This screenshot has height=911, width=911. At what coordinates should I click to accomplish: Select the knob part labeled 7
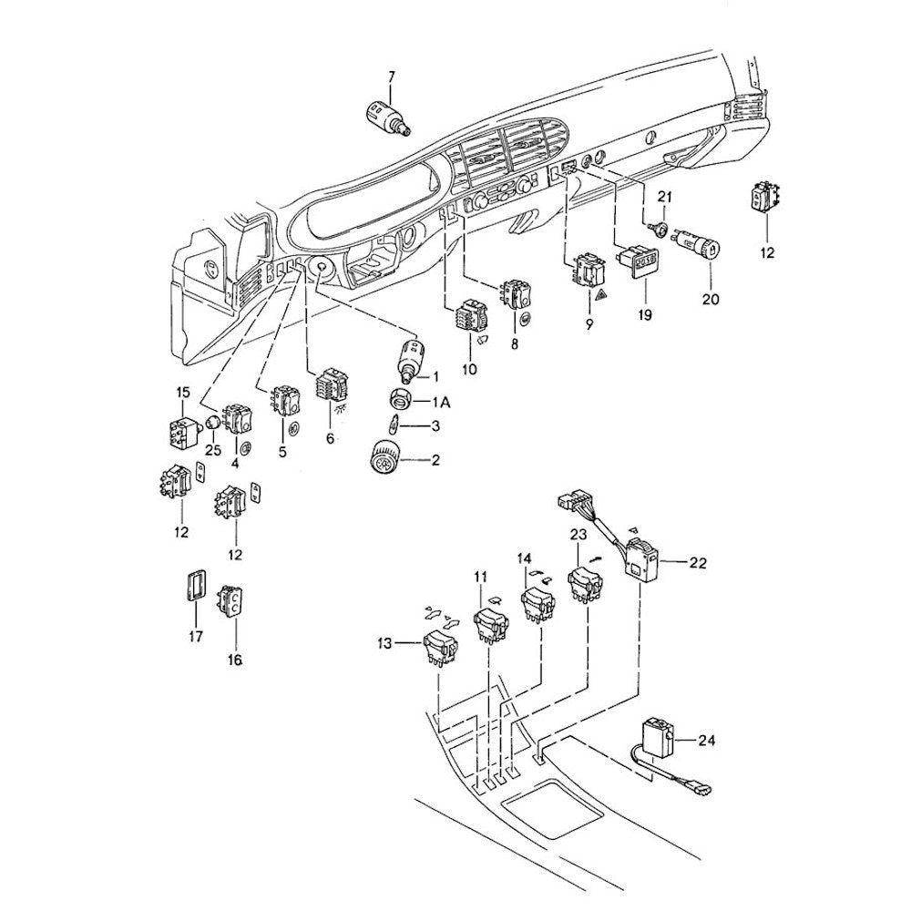click(385, 118)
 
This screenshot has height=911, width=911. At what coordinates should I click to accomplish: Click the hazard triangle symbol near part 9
click(600, 296)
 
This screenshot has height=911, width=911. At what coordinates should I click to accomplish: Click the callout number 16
click(235, 660)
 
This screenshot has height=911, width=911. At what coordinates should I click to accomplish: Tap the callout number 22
click(697, 563)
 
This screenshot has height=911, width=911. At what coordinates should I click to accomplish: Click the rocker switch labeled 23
click(584, 584)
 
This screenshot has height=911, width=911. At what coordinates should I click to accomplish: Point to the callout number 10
click(469, 369)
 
